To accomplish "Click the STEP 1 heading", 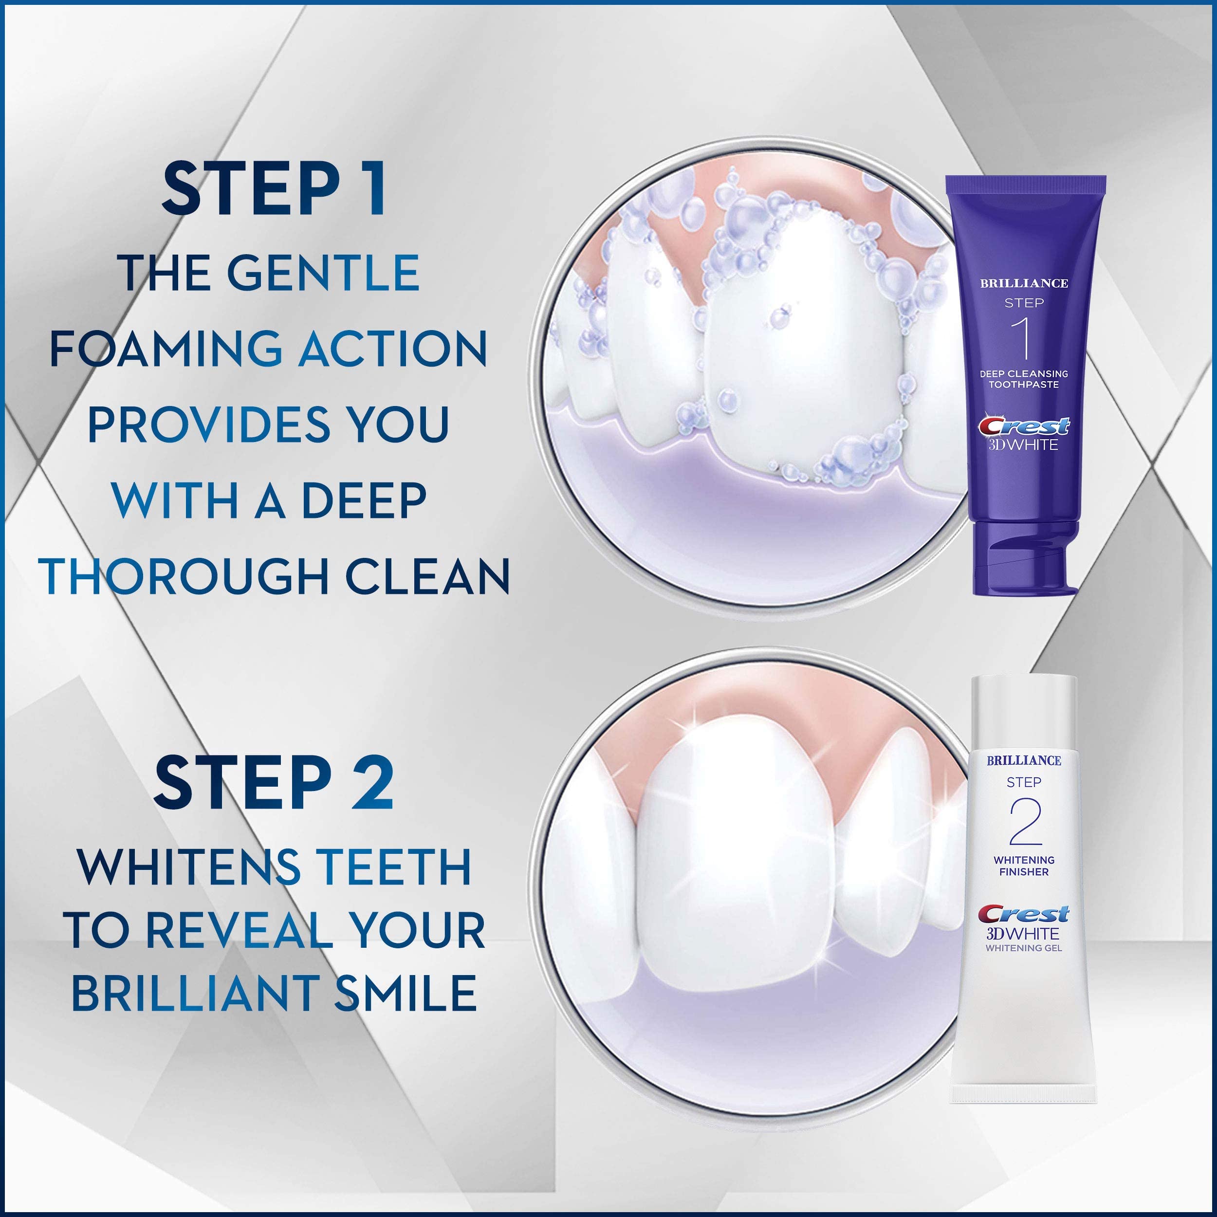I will [274, 189].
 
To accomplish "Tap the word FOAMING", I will [166, 349].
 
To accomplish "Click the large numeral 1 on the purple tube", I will [1024, 339].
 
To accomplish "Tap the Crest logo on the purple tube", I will [1024, 426].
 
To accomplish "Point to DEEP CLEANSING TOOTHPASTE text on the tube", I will [1024, 379].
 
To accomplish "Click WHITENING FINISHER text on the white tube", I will [1024, 866].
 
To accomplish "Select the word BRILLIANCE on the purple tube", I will [1024, 283].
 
